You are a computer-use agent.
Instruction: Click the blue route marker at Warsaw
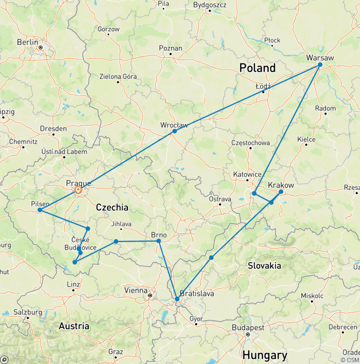click(320, 65)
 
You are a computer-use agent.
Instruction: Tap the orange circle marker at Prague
click(78, 190)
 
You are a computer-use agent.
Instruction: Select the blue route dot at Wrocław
click(174, 131)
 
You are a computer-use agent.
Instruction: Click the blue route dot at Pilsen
click(40, 210)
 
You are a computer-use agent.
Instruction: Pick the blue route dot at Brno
click(158, 241)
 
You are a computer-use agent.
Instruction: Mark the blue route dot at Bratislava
click(177, 299)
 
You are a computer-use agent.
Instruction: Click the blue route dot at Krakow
click(281, 192)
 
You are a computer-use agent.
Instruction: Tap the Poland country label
click(257, 68)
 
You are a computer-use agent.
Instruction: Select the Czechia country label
click(112, 207)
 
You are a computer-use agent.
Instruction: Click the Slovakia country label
click(264, 266)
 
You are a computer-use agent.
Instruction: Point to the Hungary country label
click(265, 355)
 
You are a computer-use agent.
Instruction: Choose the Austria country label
click(75, 326)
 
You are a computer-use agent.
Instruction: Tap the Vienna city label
click(136, 290)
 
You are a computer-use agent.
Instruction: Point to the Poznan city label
click(171, 48)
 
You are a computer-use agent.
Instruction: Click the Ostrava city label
click(220, 199)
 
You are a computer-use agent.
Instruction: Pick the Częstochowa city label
click(251, 143)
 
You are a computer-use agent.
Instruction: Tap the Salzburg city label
click(29, 312)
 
